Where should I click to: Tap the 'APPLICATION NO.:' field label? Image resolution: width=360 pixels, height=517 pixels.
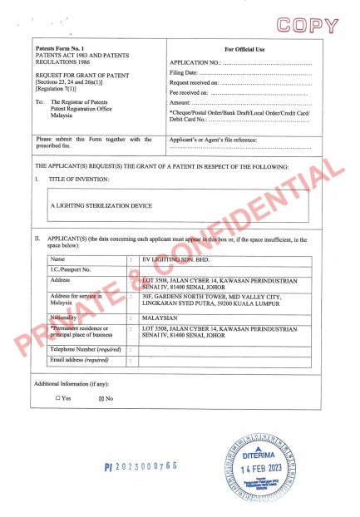195,63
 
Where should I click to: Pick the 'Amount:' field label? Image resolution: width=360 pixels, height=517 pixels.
180,103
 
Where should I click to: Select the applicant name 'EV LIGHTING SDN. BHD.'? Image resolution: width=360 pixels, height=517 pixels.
173,258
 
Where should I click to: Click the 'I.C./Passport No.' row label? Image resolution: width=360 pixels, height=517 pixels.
72,269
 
